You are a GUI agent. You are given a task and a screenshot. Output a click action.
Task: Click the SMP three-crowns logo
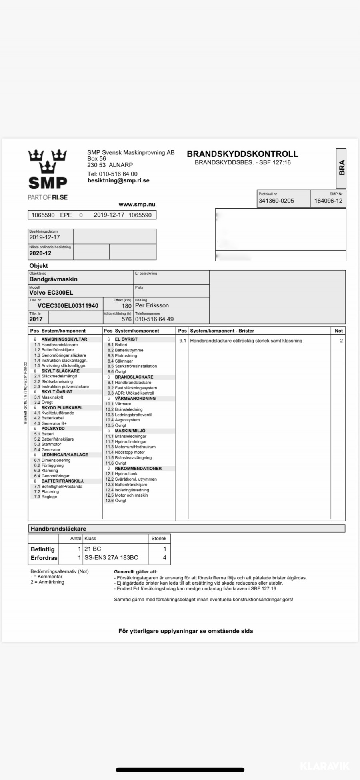[x=48, y=169]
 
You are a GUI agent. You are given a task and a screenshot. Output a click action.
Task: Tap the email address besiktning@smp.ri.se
[x=118, y=180]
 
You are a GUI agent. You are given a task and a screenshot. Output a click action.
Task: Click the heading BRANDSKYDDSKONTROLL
[x=242, y=154]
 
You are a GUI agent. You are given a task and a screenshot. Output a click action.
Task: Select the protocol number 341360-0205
[x=276, y=201]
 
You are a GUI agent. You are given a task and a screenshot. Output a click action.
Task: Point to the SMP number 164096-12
[x=328, y=201]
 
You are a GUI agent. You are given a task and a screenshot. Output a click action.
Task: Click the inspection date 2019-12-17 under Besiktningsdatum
[x=44, y=237]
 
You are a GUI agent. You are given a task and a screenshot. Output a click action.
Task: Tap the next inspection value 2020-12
[x=40, y=253]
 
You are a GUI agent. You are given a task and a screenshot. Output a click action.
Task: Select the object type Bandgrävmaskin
[x=53, y=279]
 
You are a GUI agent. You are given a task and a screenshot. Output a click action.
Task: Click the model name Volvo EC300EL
[x=51, y=293]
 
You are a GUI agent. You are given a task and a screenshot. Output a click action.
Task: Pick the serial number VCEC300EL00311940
[x=68, y=306]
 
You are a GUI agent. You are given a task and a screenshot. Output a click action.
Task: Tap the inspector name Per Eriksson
[x=152, y=305]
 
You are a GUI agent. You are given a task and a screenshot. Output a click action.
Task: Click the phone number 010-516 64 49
[x=154, y=319]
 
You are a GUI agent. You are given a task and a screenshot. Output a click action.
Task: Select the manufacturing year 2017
[x=36, y=319]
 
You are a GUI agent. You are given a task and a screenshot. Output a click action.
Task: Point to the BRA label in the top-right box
[x=341, y=168]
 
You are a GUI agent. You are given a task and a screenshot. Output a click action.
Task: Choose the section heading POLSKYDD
[x=53, y=429]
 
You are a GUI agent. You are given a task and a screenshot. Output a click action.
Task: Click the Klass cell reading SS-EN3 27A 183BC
[x=111, y=558]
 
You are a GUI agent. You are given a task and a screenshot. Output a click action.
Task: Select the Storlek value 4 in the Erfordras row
[x=164, y=558]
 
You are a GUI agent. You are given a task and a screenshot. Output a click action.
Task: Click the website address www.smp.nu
[x=137, y=205]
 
